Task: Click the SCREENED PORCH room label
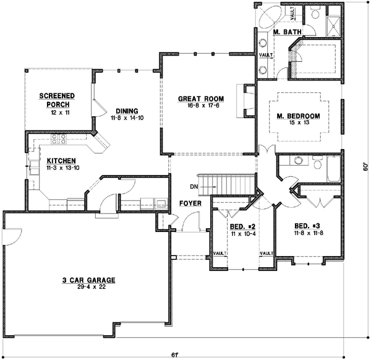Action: click(x=56, y=100)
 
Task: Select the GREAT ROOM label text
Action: click(x=201, y=98)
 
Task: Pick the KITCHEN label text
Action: click(x=60, y=161)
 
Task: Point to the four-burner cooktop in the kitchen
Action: click(x=59, y=139)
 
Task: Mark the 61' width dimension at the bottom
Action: click(x=176, y=354)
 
